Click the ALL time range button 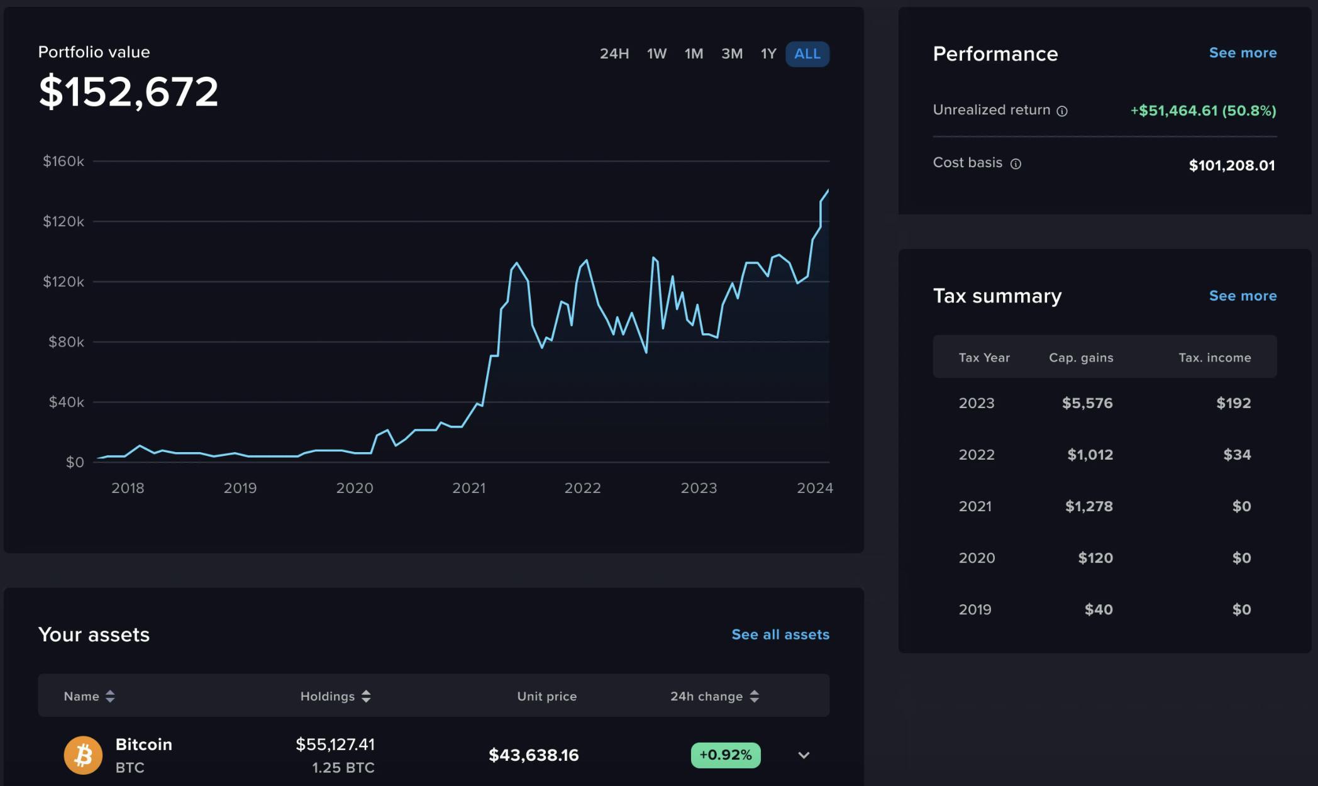tap(807, 54)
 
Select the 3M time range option tap(731, 54)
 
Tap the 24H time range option tap(614, 54)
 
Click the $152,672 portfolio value tap(128, 92)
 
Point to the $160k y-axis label tap(63, 162)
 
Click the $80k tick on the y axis tap(65, 342)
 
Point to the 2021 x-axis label tap(468, 488)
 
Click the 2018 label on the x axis tap(128, 488)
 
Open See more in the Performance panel tap(1243, 53)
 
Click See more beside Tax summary tap(1243, 296)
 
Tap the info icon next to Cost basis tap(1016, 164)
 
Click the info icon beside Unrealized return tap(1062, 111)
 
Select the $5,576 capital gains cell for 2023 tap(1087, 403)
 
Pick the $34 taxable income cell tap(1236, 455)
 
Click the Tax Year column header tap(983, 358)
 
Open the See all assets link tap(780, 634)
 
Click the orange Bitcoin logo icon tap(83, 755)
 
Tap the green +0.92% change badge tap(725, 755)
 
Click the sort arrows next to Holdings tap(366, 696)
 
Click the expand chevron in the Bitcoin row tap(804, 755)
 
